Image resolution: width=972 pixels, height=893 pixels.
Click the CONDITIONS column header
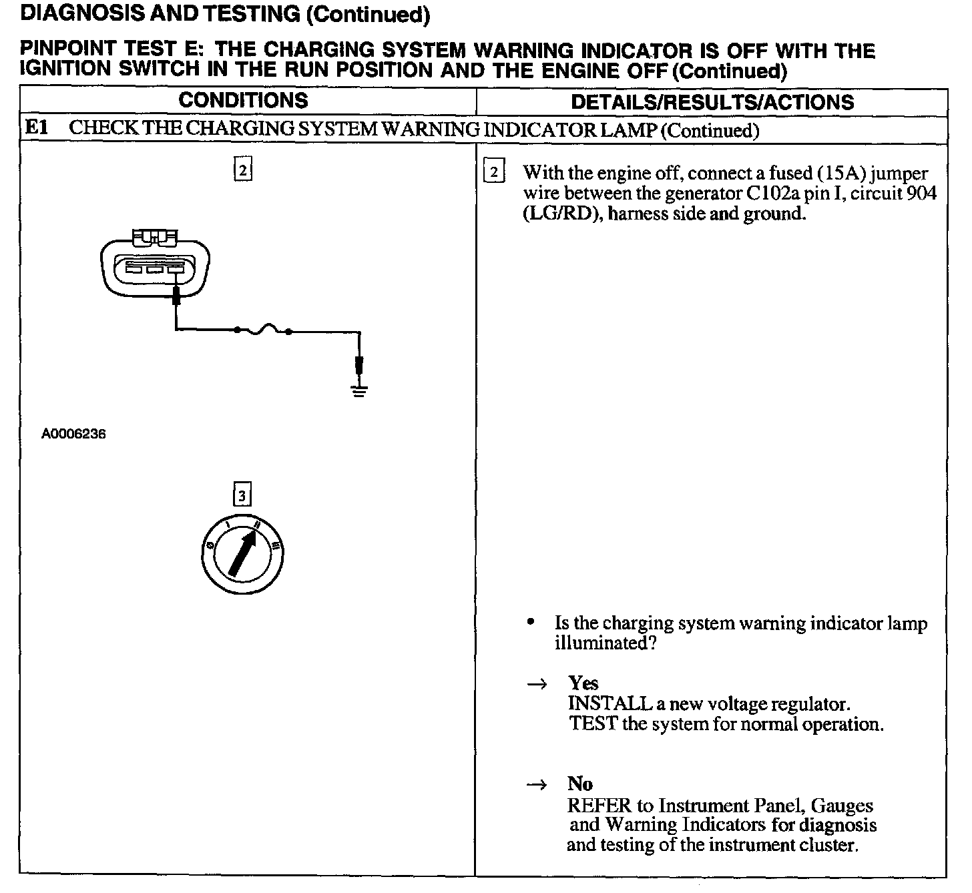[x=243, y=101]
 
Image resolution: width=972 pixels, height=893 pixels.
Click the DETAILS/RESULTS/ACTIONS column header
[x=712, y=102]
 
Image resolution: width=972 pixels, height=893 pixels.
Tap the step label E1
[x=36, y=127]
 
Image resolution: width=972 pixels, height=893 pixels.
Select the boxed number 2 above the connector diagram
[x=242, y=170]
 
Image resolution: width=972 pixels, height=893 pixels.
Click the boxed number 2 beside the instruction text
[x=493, y=172]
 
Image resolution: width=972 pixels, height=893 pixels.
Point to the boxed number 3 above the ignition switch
[x=242, y=495]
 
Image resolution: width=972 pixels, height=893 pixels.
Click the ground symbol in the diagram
[x=359, y=391]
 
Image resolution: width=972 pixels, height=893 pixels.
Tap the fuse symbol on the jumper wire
[x=262, y=329]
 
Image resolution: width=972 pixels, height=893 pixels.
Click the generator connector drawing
[x=155, y=266]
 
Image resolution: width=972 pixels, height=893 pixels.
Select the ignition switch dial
[x=242, y=554]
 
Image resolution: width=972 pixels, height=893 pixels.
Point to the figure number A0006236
[x=73, y=434]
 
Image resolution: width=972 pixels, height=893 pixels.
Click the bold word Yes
[x=583, y=683]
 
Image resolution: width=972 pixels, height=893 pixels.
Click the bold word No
[x=580, y=784]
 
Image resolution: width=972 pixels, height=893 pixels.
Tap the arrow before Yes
[x=536, y=684]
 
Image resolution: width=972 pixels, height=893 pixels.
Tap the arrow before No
[x=536, y=785]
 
